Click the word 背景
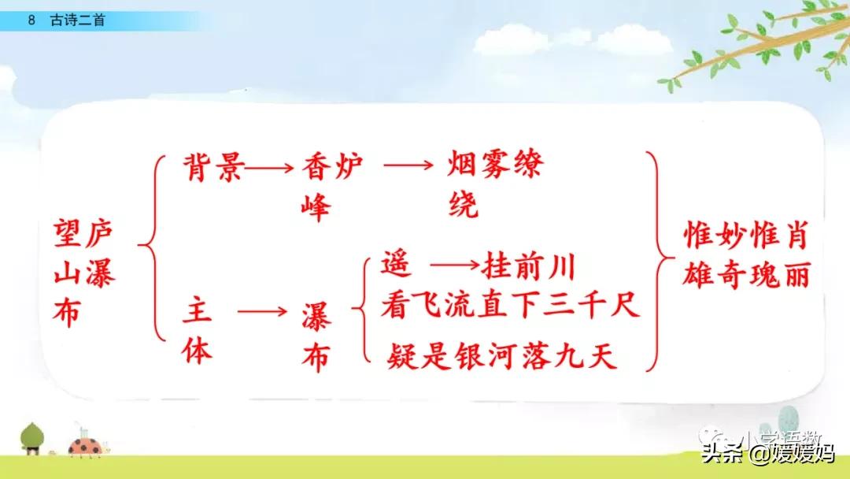[x=213, y=168]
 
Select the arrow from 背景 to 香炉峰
[x=272, y=168]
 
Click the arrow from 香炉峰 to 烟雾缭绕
[x=408, y=166]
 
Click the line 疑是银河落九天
[x=502, y=358]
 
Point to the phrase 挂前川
[x=529, y=266]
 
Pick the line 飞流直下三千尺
[x=523, y=305]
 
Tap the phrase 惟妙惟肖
[x=745, y=234]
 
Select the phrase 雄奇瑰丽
[x=745, y=275]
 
